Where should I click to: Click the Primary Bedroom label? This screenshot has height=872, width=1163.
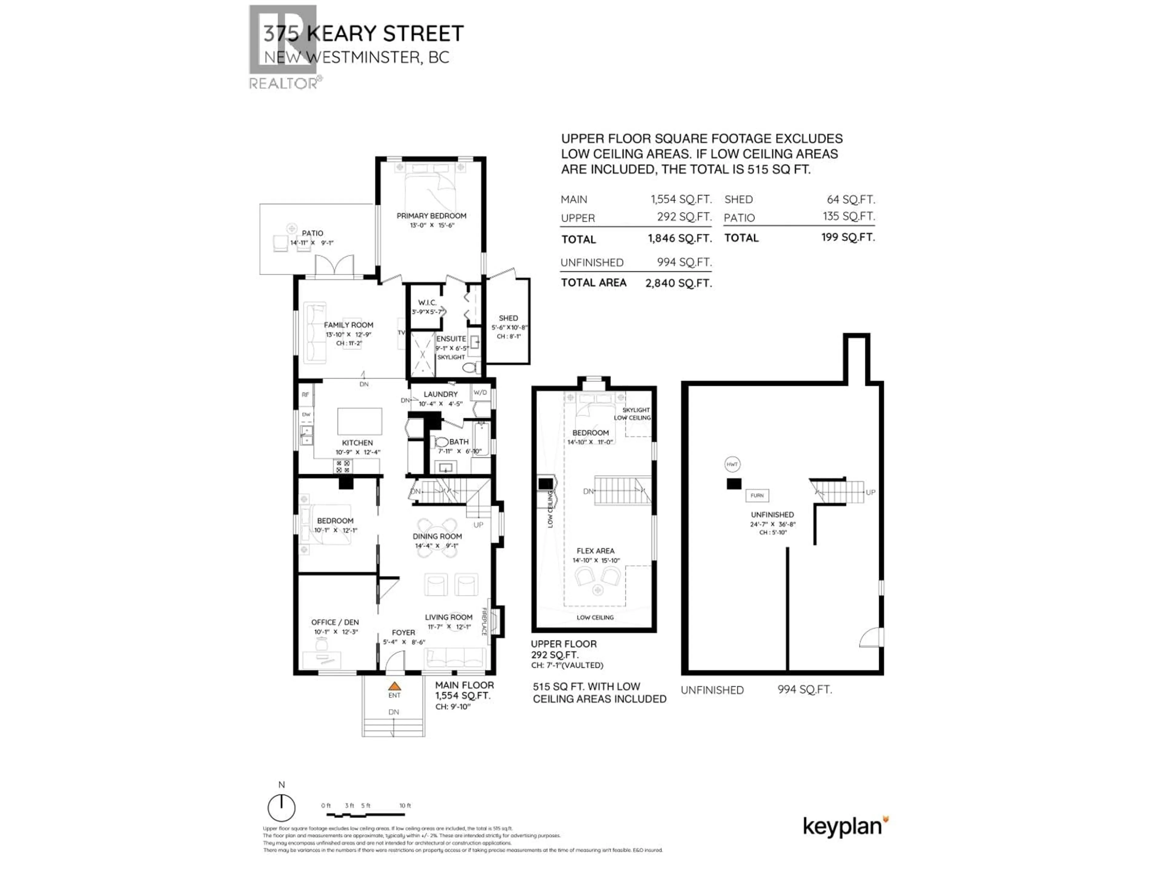(431, 216)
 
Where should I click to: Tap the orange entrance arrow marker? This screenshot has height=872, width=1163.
(394, 686)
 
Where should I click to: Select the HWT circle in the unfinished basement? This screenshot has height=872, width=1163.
(732, 464)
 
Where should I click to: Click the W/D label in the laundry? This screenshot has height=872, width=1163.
(480, 393)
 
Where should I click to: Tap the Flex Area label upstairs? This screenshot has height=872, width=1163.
(595, 551)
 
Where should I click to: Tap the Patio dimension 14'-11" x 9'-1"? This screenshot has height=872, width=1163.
(312, 243)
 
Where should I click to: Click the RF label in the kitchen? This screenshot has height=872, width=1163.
(305, 395)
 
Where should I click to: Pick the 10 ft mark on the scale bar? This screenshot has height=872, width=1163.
(405, 806)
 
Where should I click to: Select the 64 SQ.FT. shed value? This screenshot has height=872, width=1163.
(850, 199)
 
